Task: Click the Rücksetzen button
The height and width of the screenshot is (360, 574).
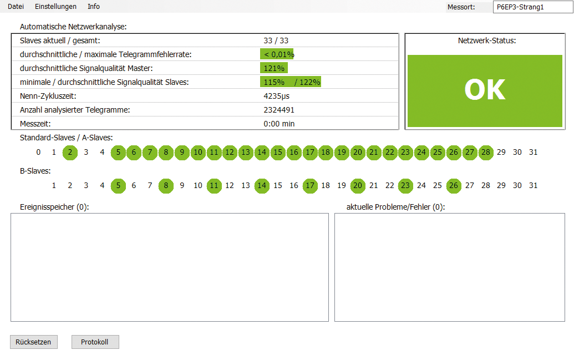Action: coord(33,342)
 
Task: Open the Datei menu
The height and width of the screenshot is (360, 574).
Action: coord(16,7)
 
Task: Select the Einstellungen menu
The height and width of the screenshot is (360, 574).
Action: coord(55,7)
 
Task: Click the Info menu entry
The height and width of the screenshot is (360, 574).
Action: coord(94,7)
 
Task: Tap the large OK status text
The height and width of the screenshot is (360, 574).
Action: coord(485,90)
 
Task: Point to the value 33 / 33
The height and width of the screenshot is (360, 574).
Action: coord(276,40)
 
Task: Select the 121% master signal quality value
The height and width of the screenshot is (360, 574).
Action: coord(274,68)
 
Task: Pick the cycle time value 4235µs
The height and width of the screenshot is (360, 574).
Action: coord(276,96)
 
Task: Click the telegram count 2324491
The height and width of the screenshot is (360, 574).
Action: coord(278,110)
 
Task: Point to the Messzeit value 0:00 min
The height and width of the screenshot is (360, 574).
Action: coord(279,124)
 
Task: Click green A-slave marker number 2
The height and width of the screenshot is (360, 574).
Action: coord(70,153)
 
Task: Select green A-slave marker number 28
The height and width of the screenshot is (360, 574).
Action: coord(486,153)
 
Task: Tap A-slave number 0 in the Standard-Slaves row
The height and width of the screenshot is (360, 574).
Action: coord(38,153)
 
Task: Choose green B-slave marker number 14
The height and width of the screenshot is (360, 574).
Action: coord(262,186)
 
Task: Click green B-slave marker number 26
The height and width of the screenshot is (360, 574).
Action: coord(454,186)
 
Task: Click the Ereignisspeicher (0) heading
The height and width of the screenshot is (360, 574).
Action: coord(54,207)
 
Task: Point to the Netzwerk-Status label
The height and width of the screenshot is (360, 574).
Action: coord(486,40)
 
